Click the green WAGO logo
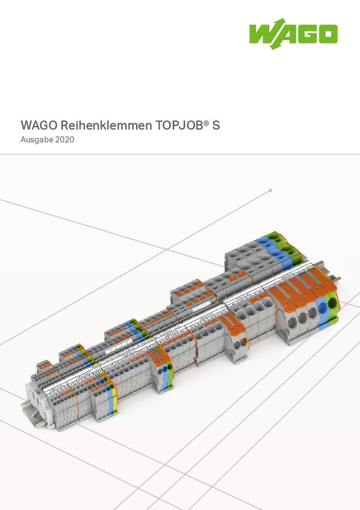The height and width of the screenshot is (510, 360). click(293, 35)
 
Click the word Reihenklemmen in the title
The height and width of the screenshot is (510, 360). click(98, 125)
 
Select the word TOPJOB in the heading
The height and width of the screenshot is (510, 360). click(179, 125)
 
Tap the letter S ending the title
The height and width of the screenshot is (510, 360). click(216, 125)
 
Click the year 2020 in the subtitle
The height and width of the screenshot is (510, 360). click(65, 140)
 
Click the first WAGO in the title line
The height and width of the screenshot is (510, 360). click(39, 125)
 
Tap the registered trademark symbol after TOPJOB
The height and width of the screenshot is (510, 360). click(206, 122)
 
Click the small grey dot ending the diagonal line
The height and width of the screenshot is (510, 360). click(271, 190)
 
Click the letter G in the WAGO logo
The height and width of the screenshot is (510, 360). click(307, 35)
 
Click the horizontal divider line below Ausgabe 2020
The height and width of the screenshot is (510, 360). click(180, 154)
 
